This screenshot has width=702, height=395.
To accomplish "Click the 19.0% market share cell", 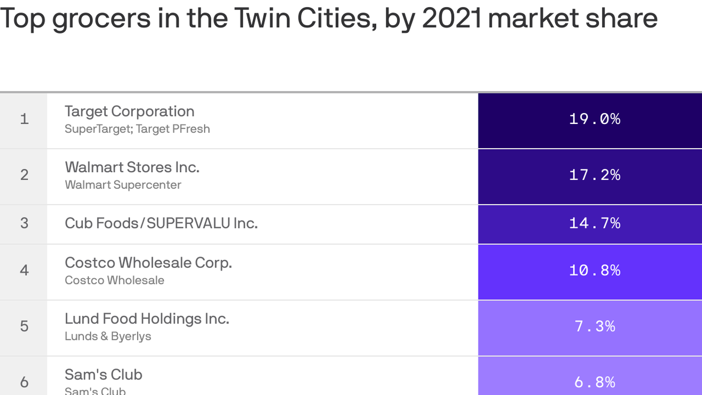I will coord(595,119).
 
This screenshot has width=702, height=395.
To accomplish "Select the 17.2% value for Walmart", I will coord(595,175).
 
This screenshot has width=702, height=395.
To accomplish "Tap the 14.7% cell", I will coord(595,223).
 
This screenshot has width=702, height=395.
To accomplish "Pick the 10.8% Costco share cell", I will coord(595,271).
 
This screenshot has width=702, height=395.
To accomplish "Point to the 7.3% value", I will coord(595,327).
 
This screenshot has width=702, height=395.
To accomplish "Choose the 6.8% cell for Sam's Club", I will coord(595,382).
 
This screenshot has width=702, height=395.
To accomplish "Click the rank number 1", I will coord(24,119).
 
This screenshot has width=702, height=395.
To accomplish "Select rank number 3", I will coord(24,223).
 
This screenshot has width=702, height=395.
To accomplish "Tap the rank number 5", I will coord(24,327).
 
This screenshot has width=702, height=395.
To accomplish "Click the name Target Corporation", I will coord(130,112).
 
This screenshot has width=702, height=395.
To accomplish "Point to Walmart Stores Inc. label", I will coord(132,167).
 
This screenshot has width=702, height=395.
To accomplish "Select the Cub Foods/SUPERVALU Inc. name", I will coord(161,223).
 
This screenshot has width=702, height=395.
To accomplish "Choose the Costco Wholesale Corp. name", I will coord(148,263).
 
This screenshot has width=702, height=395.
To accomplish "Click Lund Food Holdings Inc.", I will coord(146,319).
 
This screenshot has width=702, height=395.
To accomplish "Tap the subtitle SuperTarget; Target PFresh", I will coord(137,129).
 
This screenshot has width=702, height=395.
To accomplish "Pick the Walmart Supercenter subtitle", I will coord(123,185).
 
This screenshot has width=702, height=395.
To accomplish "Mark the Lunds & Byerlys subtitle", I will coord(108,336).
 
